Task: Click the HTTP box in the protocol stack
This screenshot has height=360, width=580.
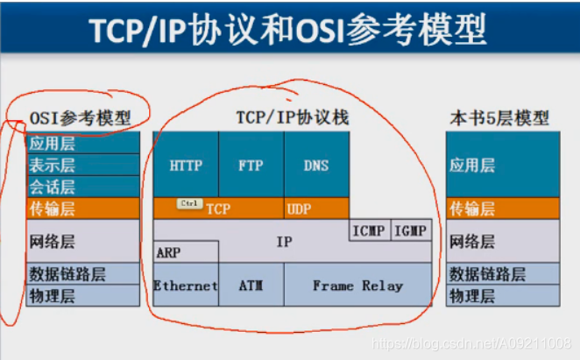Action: tap(186, 164)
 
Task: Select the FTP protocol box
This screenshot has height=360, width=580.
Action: tap(251, 164)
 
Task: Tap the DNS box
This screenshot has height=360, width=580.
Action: tap(316, 164)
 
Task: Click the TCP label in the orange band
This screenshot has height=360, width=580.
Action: tap(218, 208)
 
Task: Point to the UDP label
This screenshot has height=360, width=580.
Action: tap(298, 208)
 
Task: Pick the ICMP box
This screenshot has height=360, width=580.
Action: tap(369, 230)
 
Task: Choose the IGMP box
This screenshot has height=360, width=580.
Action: tap(411, 230)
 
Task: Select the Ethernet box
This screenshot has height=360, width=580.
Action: tap(186, 286)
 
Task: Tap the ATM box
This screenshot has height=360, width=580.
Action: tap(251, 286)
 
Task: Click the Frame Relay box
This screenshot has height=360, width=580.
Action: tap(357, 286)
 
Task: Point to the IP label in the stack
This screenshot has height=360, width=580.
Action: tap(284, 241)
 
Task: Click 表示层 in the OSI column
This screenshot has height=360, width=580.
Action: tap(53, 165)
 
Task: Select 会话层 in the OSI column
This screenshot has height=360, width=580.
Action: tap(53, 187)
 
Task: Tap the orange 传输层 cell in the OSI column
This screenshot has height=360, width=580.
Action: tap(53, 208)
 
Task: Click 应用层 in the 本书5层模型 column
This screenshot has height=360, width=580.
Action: tap(473, 164)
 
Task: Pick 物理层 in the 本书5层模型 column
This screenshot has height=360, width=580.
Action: tap(472, 296)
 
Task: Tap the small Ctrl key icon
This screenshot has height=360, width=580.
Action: tap(189, 203)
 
